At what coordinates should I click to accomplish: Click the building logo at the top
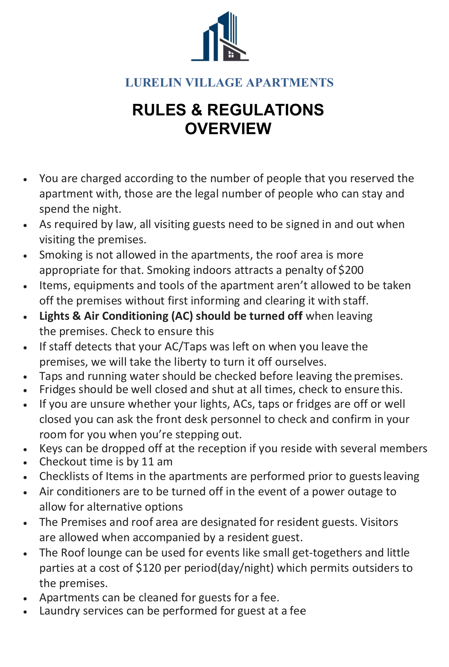[220, 36]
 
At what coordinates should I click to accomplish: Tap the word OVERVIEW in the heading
[228, 128]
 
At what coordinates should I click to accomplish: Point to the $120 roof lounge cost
[149, 568]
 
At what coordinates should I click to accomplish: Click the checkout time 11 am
[157, 462]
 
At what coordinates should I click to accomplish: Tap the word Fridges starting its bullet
[57, 389]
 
